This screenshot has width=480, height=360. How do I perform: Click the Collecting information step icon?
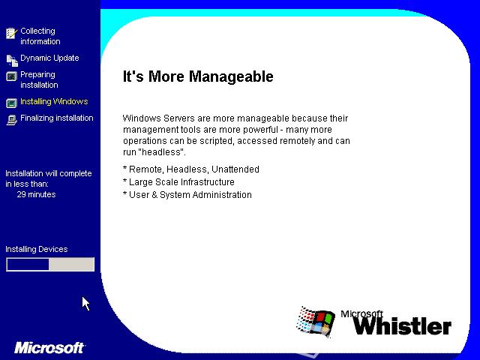pyautogui.click(x=11, y=33)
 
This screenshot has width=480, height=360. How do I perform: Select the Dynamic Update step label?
pyautogui.click(x=49, y=58)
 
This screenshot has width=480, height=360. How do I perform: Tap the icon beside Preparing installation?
pyautogui.click(x=11, y=76)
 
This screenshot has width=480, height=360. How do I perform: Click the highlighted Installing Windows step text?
pyautogui.click(x=54, y=101)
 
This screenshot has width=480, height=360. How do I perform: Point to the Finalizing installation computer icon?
pyautogui.click(x=12, y=120)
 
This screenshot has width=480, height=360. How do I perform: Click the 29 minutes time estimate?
pyautogui.click(x=37, y=194)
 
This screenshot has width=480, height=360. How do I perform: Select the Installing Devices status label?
pyautogui.click(x=37, y=249)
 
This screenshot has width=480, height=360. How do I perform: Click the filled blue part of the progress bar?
pyautogui.click(x=28, y=265)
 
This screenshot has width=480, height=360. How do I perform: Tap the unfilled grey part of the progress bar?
pyautogui.click(x=71, y=265)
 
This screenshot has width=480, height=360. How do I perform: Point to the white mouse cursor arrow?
pyautogui.click(x=85, y=302)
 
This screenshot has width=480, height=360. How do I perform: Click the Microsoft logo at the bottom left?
pyautogui.click(x=49, y=348)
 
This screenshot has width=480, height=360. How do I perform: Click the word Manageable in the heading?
pyautogui.click(x=231, y=76)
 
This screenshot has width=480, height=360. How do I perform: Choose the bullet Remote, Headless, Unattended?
pyautogui.click(x=191, y=169)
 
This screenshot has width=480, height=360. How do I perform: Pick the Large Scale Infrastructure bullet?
pyautogui.click(x=178, y=181)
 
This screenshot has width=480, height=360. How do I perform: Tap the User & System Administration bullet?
pyautogui.click(x=187, y=195)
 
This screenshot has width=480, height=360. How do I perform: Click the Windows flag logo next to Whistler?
pyautogui.click(x=315, y=322)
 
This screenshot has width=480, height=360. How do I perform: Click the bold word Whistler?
pyautogui.click(x=402, y=325)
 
